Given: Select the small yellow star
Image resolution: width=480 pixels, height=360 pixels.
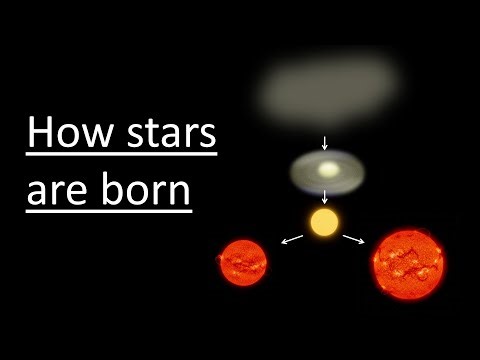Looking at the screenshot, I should (324, 221).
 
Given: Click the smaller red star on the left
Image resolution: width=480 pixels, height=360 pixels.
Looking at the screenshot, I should (244, 264).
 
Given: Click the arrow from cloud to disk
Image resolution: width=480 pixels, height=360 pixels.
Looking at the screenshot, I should (324, 138).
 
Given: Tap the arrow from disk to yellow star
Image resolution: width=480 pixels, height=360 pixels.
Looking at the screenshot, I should (324, 197).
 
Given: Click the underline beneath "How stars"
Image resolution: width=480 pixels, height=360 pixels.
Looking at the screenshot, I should (121, 156).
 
